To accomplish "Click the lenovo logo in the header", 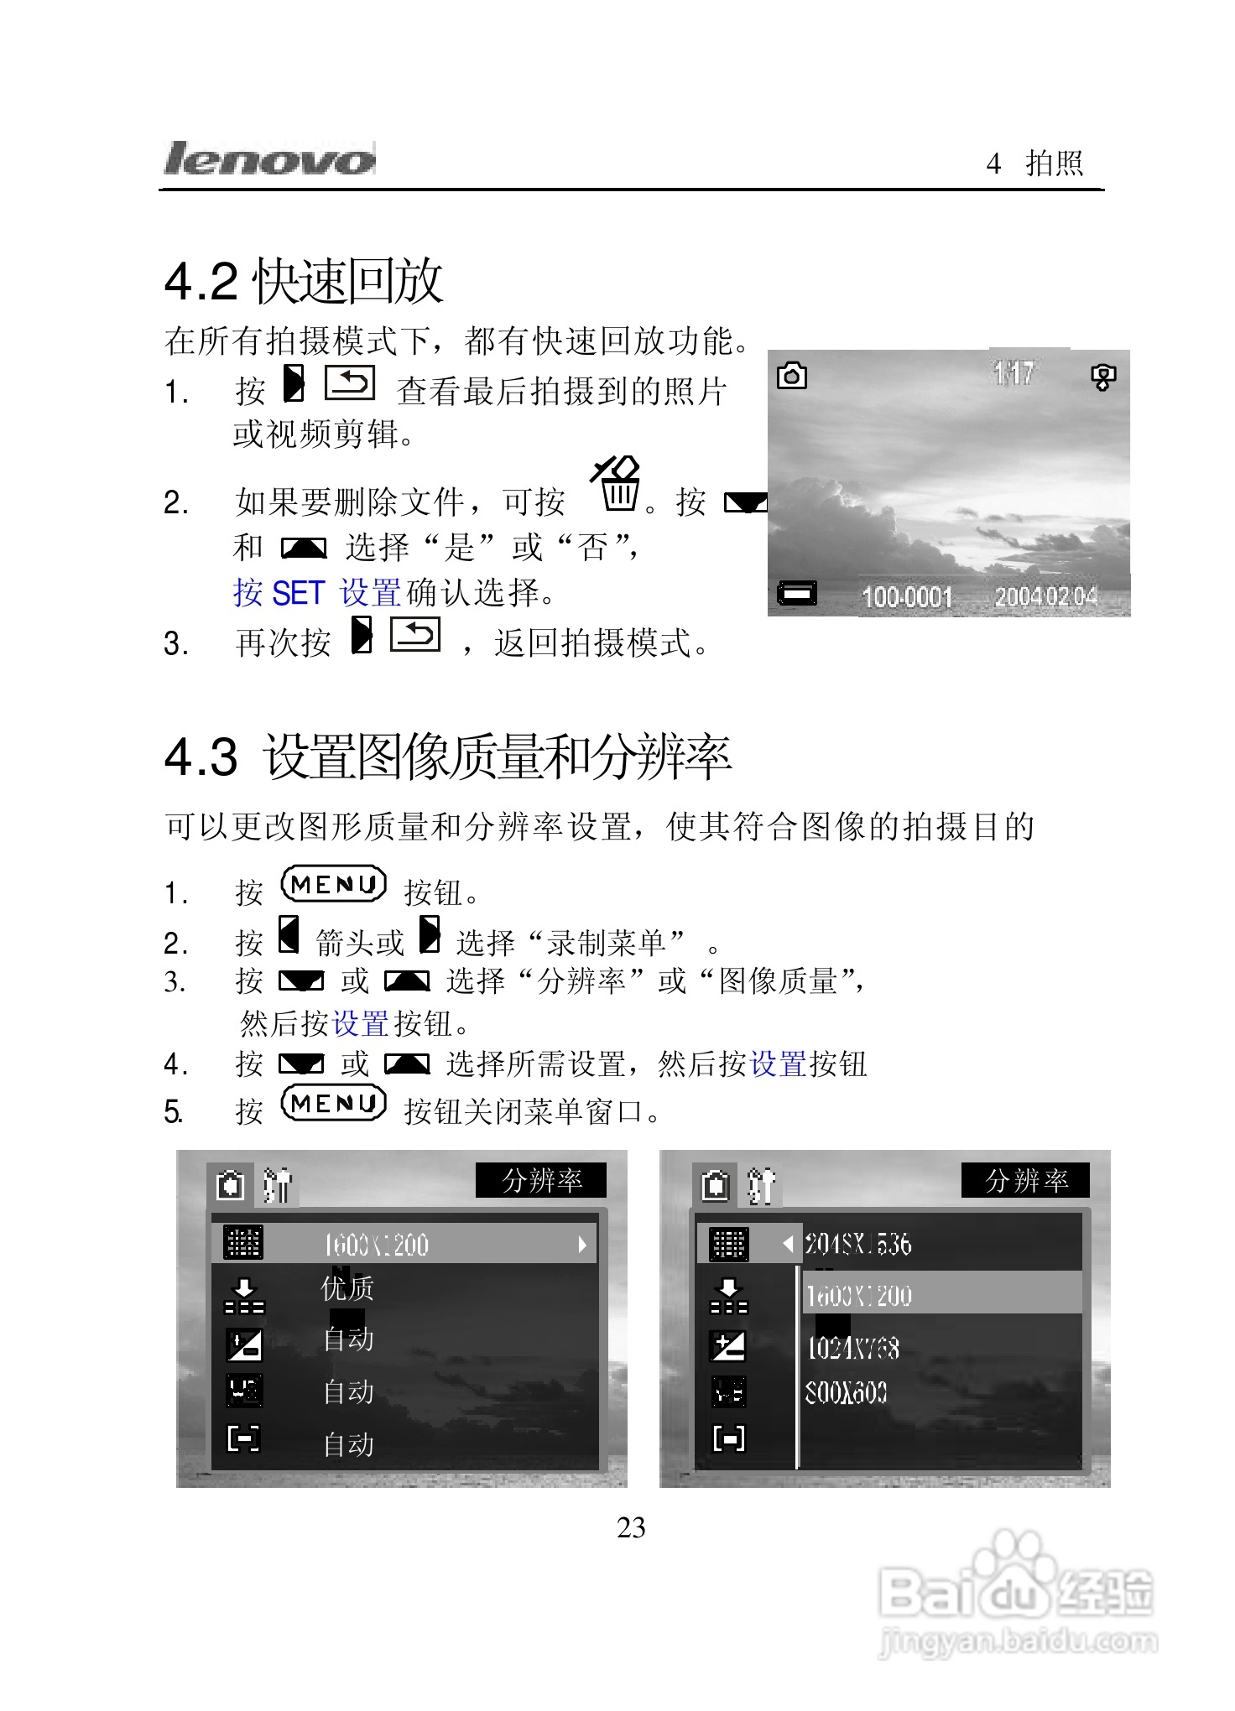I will (268, 159).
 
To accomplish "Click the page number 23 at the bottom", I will (631, 1528).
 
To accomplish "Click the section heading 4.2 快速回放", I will (304, 281).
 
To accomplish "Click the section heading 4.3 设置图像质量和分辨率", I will (448, 757).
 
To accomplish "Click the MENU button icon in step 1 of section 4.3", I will (333, 885).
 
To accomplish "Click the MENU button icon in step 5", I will (333, 1104).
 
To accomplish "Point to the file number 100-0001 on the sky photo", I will (907, 596).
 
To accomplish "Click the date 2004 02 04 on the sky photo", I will (1045, 596).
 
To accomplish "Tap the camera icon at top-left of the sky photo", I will (792, 376).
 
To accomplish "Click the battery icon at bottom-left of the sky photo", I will (796, 593).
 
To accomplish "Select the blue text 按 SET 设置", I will (317, 593).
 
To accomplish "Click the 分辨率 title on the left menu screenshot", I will (541, 1181).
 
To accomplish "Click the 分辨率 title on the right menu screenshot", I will (1025, 1181).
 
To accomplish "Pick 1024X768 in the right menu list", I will (852, 1348).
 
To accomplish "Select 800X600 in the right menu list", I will (846, 1393).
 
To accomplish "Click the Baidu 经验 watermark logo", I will (1018, 1594).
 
